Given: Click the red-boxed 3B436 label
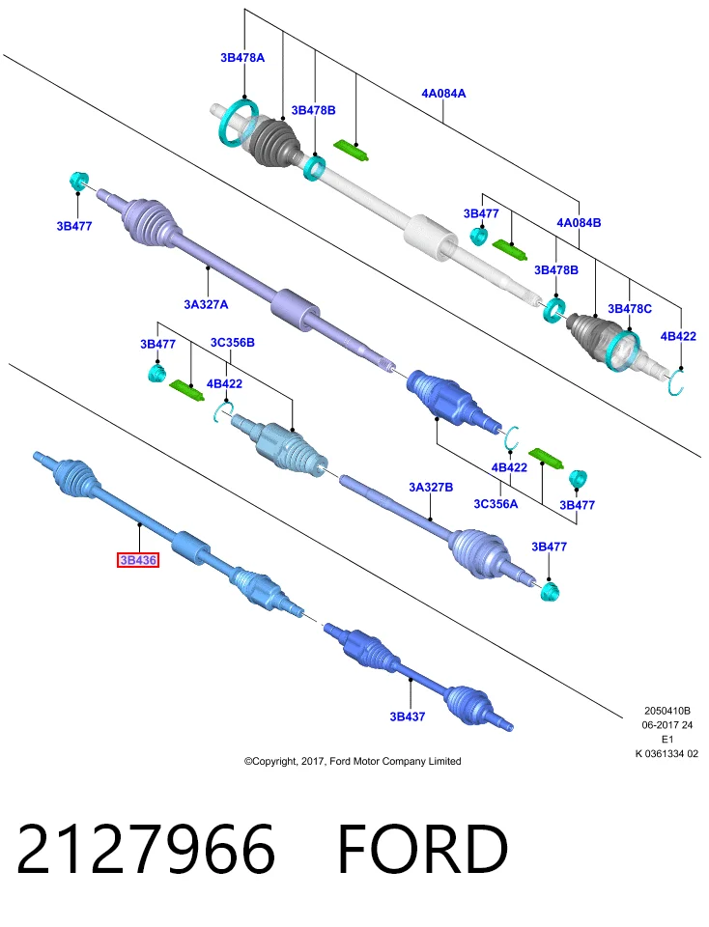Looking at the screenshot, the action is (138, 559).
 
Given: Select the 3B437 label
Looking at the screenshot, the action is (408, 716).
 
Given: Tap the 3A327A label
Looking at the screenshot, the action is (206, 304).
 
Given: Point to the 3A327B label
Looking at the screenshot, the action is (431, 487).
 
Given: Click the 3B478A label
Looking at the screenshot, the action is (242, 57).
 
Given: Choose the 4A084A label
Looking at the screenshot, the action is (443, 93).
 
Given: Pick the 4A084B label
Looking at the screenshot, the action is (579, 222).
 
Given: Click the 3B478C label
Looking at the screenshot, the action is (630, 309).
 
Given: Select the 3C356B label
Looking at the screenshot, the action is (233, 342).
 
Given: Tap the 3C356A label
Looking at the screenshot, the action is (496, 504).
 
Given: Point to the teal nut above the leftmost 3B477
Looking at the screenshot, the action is (78, 180).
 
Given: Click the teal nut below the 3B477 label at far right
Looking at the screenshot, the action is (550, 590).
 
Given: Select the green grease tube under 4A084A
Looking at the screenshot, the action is (352, 151).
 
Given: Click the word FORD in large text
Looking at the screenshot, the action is (422, 849).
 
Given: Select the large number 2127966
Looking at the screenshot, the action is (146, 849).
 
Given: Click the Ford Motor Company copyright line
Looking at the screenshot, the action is (353, 762).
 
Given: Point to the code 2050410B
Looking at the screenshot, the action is (667, 711).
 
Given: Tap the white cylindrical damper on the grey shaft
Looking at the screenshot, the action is (431, 237).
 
